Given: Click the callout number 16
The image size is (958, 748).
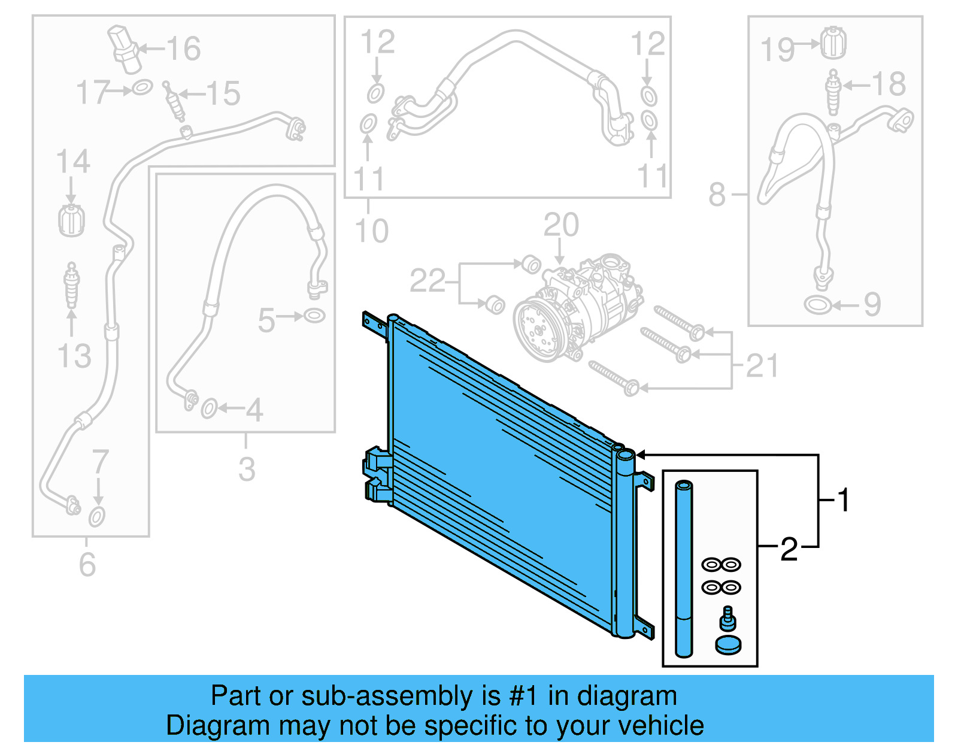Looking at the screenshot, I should click(183, 49).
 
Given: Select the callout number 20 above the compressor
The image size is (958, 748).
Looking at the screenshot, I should click(561, 225).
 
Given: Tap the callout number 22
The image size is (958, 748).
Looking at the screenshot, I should click(427, 281).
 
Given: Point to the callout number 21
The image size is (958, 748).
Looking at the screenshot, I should click(762, 365).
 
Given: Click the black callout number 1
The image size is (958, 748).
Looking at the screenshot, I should click(844, 500).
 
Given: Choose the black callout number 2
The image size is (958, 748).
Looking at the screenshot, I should click(789, 549).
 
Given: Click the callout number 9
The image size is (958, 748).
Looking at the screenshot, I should click(872, 305).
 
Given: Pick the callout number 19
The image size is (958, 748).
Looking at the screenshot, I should click(777, 50).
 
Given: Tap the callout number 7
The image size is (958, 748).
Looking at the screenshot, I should click(100, 462).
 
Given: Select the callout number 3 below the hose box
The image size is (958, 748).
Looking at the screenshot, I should click(247, 469).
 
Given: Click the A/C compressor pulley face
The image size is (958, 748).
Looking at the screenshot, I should click(537, 331).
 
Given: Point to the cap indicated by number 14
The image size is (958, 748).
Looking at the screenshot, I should click(71, 220).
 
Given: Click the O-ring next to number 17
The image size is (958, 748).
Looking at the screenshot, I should click(142, 88).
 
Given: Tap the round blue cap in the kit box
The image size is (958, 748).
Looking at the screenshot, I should click(728, 645).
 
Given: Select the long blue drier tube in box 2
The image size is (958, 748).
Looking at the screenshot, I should click(684, 569).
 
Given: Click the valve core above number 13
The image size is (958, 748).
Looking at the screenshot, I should click(72, 284).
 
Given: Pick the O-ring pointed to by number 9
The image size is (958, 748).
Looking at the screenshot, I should click(817, 305).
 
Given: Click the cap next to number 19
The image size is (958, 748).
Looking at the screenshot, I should click(833, 43).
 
